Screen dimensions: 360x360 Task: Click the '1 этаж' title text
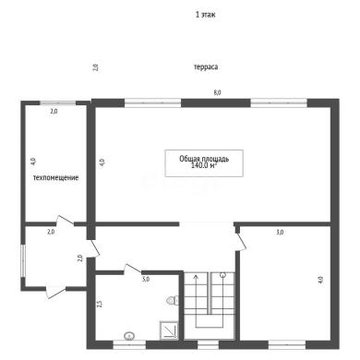pos(205,15)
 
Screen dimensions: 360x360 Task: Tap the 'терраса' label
pos(206,66)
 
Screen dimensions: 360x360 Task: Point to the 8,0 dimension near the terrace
pos(218,92)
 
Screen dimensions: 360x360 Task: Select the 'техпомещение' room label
pos(55,177)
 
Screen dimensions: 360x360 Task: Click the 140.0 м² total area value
pos(204,165)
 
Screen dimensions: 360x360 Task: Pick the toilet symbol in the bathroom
pos(173,300)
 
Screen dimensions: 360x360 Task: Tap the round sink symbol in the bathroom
pos(129,336)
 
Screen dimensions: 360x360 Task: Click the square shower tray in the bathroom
pos(169,330)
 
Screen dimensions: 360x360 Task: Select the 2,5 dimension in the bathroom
pos(99,304)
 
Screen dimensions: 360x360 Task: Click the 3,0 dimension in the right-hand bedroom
pos(280,233)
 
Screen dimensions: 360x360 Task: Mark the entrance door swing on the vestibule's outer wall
pos(55,292)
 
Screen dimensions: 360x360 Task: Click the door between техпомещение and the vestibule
pos(65,220)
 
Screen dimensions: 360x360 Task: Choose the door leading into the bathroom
pos(132,269)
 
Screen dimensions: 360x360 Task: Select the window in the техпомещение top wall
pos(58,103)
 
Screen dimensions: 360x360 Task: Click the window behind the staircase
pos(208,344)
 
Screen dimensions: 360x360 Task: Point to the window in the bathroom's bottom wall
pos(129,344)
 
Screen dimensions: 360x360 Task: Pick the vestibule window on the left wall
pos(22,260)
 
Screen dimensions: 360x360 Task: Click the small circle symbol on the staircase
pos(222,275)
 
